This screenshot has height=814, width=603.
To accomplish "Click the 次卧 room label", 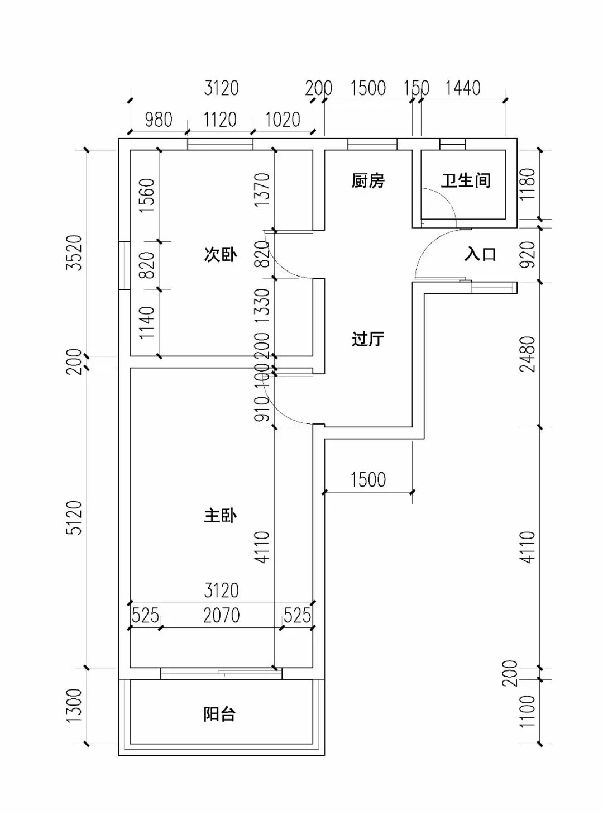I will (220, 255).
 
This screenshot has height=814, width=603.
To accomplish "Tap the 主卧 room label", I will (220, 515).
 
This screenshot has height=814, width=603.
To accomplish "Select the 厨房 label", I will (368, 180).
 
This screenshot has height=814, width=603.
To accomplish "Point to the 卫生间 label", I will (466, 180).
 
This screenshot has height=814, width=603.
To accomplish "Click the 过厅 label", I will (368, 339).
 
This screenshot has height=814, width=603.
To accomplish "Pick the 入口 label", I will (480, 255).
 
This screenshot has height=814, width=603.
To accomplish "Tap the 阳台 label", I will (219, 714).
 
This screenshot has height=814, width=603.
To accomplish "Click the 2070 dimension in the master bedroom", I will (221, 615).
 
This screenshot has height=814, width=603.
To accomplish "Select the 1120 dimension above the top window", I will (219, 120).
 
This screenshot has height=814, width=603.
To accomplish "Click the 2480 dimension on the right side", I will (527, 354).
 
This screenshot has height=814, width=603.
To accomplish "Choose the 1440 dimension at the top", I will (463, 88).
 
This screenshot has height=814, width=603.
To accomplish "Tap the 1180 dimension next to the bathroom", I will (527, 184).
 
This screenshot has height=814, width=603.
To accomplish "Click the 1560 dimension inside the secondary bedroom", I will (146, 195).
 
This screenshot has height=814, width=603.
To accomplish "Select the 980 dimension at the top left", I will (159, 120).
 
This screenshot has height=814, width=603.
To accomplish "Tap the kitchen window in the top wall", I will (372, 144).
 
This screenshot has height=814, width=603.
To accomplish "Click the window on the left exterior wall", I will (124, 265).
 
